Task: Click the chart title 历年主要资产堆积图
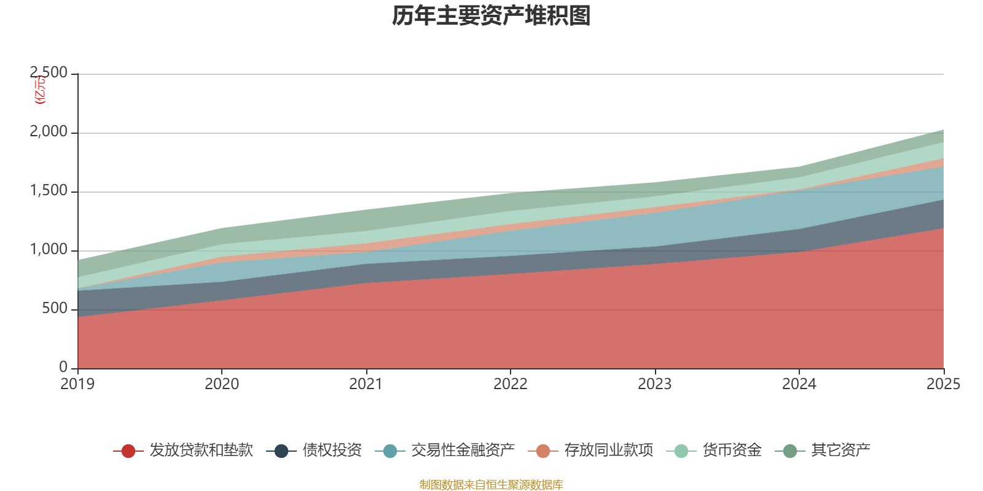click(491, 17)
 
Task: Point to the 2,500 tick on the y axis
click(49, 73)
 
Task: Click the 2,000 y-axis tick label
click(49, 132)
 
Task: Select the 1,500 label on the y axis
click(49, 191)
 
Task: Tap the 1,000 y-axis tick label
click(49, 250)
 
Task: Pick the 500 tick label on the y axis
click(55, 309)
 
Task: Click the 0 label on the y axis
click(63, 367)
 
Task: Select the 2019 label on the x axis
click(77, 384)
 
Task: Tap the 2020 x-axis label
click(222, 384)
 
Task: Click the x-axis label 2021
click(366, 384)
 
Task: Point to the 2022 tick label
click(511, 384)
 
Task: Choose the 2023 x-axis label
click(655, 384)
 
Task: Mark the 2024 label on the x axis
click(799, 384)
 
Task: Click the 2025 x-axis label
click(943, 384)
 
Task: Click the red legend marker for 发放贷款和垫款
click(128, 451)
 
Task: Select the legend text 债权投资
click(332, 450)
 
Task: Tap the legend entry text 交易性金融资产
click(463, 450)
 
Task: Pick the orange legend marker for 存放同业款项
click(543, 451)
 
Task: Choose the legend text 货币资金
click(732, 450)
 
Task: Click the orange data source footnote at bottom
click(491, 485)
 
